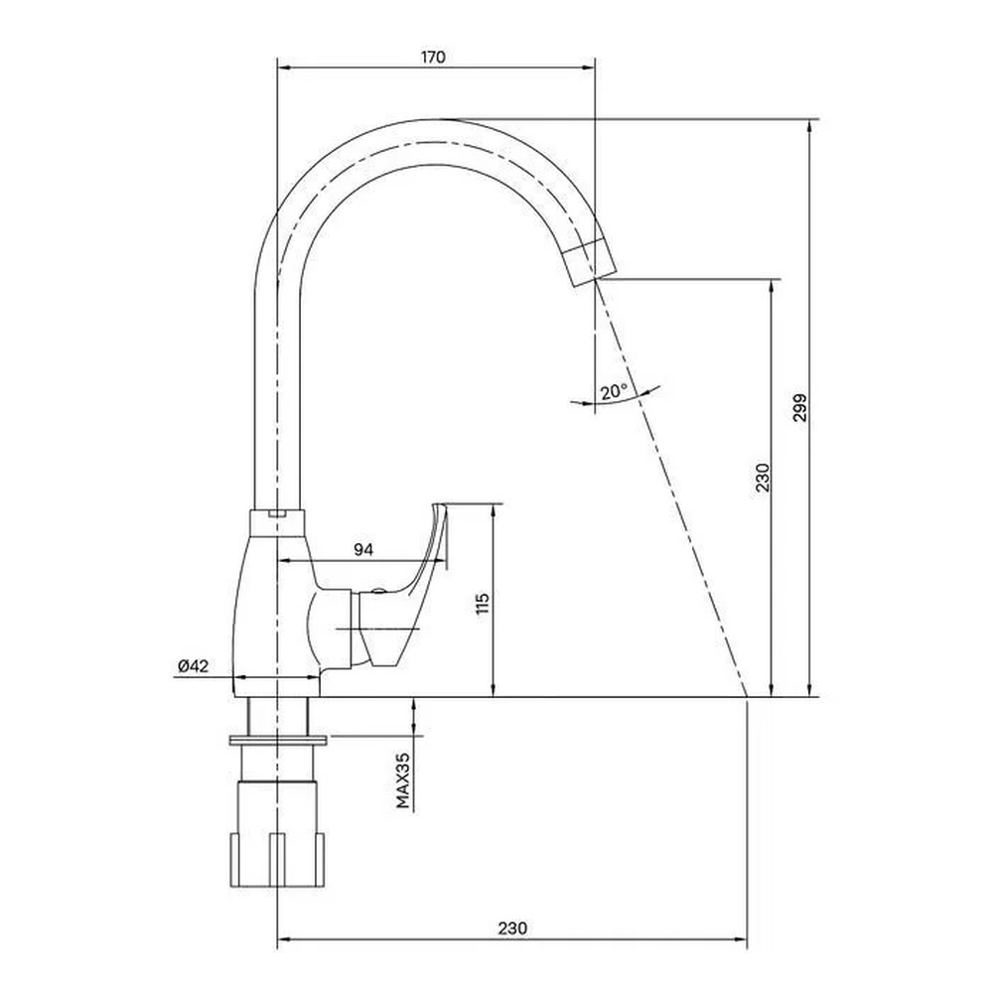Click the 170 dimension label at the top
(x=433, y=57)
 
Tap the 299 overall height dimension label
(x=800, y=408)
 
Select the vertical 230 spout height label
(x=763, y=478)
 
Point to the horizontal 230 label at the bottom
(x=511, y=928)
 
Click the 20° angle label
(x=615, y=391)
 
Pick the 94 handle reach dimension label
(x=362, y=550)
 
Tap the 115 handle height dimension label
(x=484, y=603)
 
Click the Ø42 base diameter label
(x=194, y=665)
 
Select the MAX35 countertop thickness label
(x=403, y=780)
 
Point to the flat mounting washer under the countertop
(x=277, y=740)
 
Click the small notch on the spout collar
(x=275, y=513)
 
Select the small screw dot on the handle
(x=377, y=592)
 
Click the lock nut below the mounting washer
(x=277, y=835)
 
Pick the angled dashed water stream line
(x=671, y=489)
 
